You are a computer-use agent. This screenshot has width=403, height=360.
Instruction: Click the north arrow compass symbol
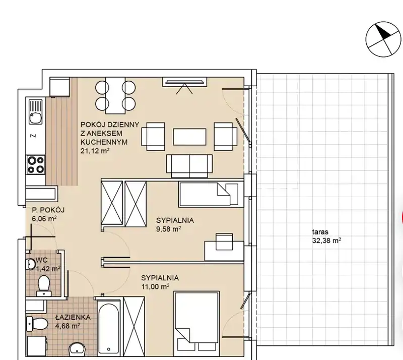[x=383, y=39]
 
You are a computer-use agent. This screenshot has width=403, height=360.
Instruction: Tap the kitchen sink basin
[x=35, y=118]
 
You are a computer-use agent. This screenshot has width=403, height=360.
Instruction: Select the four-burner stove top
[x=36, y=165]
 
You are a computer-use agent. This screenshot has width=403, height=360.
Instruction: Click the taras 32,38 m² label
[x=326, y=236]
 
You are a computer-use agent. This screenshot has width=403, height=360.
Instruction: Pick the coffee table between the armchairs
[x=189, y=137]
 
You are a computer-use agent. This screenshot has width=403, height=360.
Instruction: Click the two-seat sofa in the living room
[x=189, y=166]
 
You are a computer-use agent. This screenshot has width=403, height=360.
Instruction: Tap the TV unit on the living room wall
[x=184, y=82]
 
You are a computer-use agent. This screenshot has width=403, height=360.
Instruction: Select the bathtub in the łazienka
[x=109, y=327]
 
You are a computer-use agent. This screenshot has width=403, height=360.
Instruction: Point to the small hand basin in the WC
[x=31, y=264]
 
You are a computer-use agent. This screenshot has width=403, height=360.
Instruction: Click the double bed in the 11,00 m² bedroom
[x=196, y=321]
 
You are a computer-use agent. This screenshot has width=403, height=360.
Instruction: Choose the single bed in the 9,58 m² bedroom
[x=209, y=194]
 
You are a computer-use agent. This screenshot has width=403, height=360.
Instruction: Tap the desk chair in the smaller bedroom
[x=224, y=242]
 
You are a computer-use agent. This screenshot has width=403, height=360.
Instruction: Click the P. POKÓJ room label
[x=48, y=210]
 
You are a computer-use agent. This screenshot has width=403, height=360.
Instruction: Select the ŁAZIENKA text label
[x=73, y=317]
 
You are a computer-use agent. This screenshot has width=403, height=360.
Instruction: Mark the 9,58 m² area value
[x=169, y=229]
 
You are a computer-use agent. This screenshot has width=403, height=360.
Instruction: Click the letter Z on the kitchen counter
[x=33, y=136]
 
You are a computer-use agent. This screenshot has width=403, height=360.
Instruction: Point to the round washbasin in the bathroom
[x=77, y=349]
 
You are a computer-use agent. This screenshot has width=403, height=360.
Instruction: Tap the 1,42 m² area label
[x=48, y=269]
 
